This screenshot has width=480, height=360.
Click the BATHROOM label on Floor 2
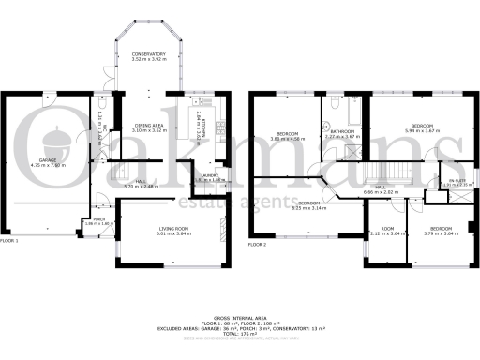click(x=342, y=130)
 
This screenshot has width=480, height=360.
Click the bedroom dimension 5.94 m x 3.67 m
click(x=423, y=130)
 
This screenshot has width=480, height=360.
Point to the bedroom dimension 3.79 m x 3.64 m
click(x=442, y=233)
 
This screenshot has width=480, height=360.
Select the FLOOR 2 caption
click(x=258, y=244)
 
